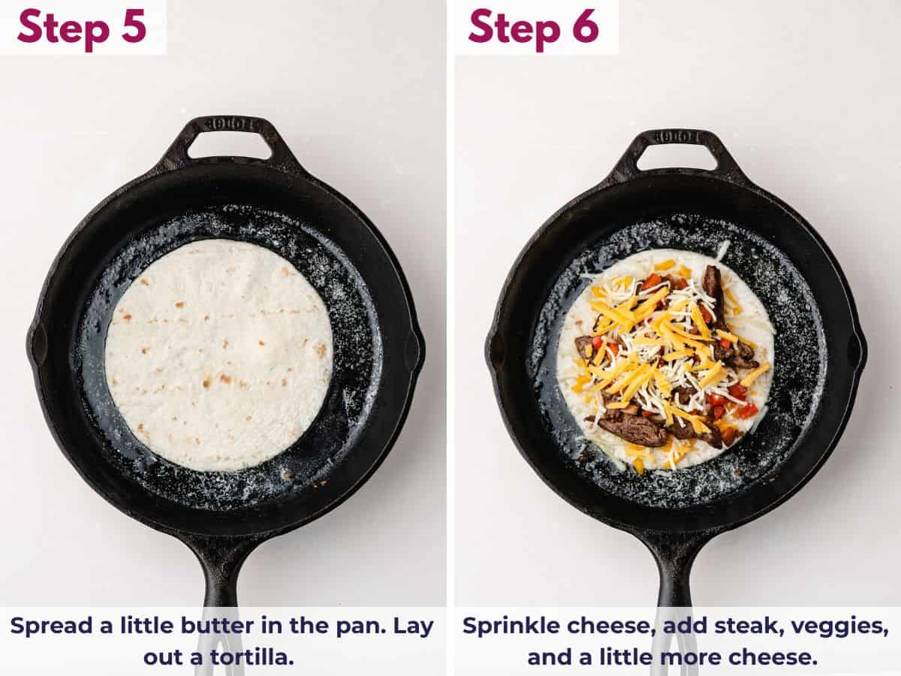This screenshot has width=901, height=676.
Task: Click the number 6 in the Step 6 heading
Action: click(x=583, y=26)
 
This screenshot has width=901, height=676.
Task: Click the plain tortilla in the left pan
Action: click(x=218, y=355)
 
